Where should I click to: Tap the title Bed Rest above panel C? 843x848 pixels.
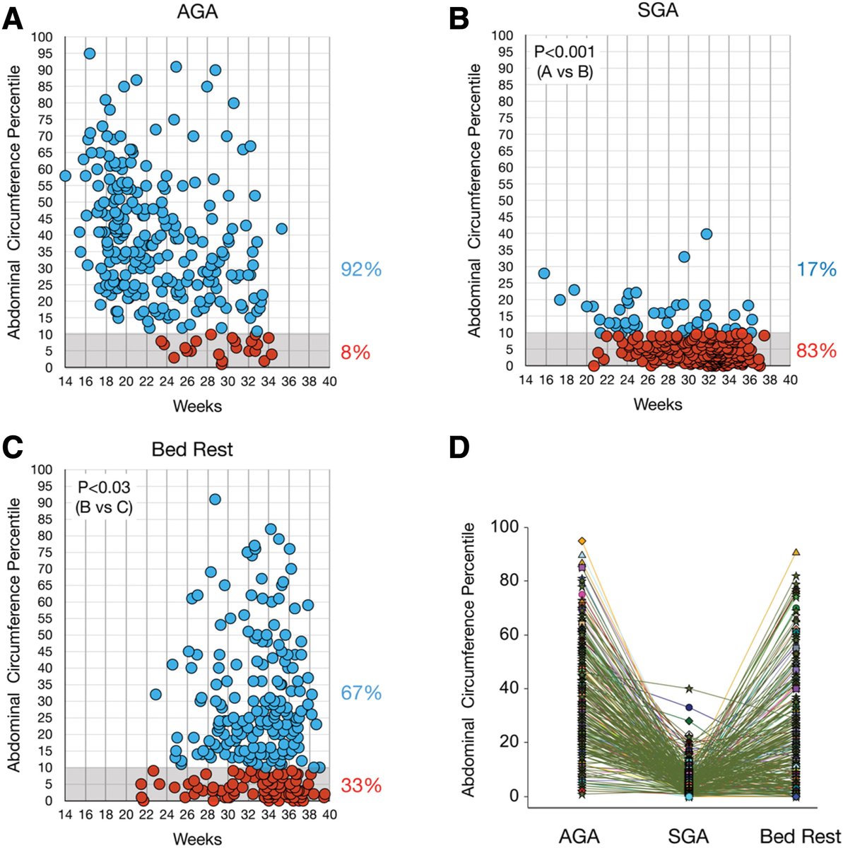tap(192, 449)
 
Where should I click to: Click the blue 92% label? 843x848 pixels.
tap(361, 269)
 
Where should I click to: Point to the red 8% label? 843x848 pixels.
tap(356, 352)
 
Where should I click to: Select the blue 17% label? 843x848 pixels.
tap(816, 269)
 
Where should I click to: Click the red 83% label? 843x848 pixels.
tap(816, 351)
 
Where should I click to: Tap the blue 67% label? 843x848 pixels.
tap(361, 693)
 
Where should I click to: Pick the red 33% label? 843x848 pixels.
tap(361, 785)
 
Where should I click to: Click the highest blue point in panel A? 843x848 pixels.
tap(90, 54)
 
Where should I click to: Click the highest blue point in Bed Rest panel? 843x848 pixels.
tap(215, 500)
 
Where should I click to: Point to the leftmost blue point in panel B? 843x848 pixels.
tap(544, 273)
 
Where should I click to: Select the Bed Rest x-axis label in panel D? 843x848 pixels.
tap(799, 837)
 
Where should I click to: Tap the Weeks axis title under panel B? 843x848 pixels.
tap(657, 404)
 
